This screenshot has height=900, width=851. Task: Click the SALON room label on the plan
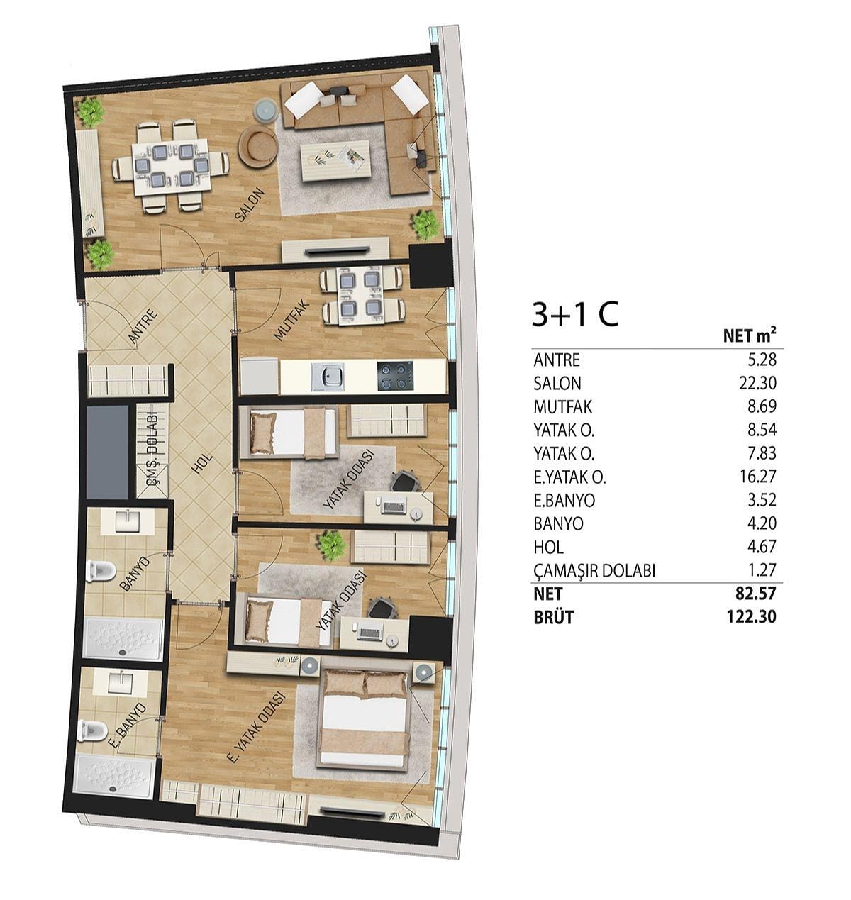point(250,205)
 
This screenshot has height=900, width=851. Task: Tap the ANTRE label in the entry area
point(143,326)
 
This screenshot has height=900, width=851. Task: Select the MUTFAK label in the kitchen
point(291,320)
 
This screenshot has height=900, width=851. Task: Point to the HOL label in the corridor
point(201,463)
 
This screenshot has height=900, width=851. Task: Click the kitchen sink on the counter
point(328,377)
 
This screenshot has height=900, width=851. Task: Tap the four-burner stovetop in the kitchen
point(395,376)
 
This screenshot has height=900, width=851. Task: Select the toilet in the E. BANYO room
point(92,731)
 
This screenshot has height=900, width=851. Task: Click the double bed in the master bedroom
point(365,719)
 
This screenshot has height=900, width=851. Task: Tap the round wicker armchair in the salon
point(258,146)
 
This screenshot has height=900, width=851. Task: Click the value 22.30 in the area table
point(757,383)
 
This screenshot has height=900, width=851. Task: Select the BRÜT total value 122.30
point(751,617)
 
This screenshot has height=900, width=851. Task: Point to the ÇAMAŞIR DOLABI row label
point(594,571)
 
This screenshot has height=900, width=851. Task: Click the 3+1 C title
point(575,314)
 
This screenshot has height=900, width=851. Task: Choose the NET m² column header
point(750,335)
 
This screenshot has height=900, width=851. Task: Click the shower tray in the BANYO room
point(124,639)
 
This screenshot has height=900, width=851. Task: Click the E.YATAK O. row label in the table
point(569,477)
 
